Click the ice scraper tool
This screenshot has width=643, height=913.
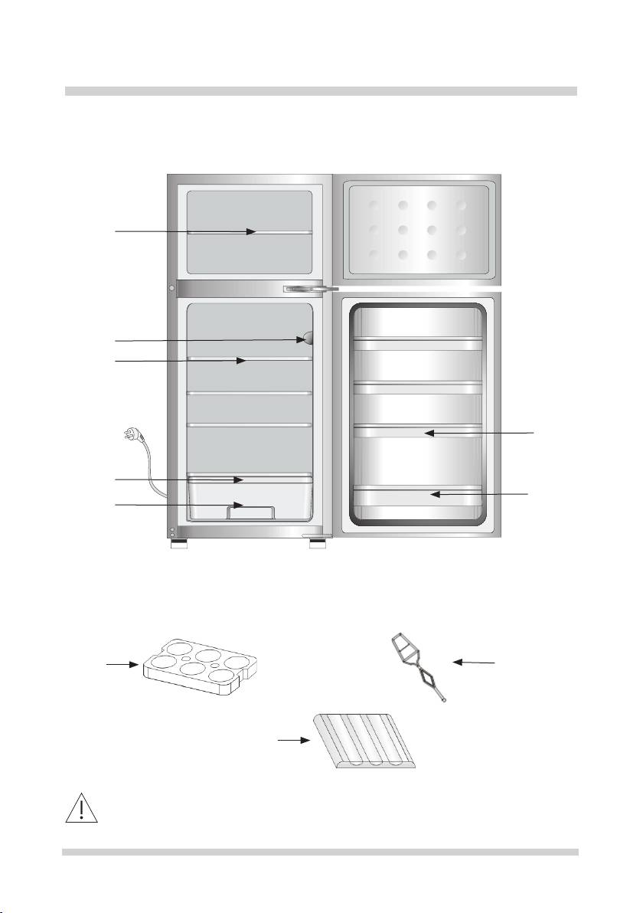[418, 663]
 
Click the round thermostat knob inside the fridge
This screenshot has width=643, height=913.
[307, 338]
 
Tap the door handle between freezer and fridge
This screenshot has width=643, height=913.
[310, 290]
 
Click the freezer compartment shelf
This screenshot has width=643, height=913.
[250, 231]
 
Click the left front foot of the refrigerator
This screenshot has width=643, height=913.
[181, 546]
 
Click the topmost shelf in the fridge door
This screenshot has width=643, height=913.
[417, 343]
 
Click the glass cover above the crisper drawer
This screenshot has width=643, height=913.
[250, 479]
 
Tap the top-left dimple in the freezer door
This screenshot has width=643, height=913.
[372, 205]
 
